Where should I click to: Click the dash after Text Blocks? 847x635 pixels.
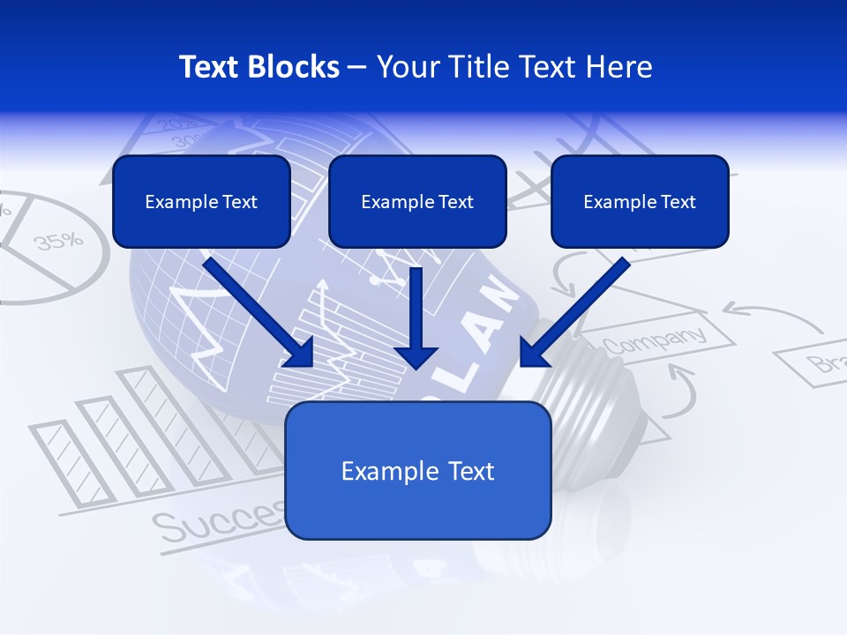click(357, 68)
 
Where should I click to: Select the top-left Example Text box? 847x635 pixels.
click(201, 201)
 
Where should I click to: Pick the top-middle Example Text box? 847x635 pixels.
click(417, 201)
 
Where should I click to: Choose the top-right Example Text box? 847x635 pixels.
click(640, 201)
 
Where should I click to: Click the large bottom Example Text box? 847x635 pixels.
click(417, 470)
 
